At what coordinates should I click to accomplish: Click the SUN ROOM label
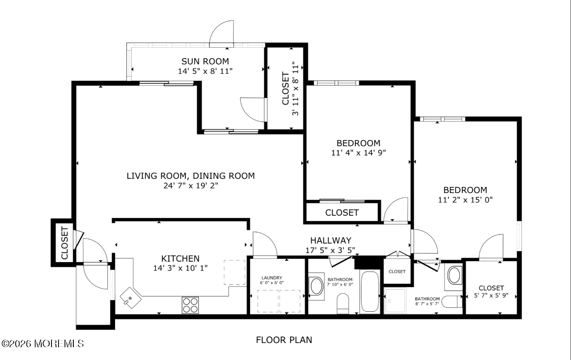click(205, 61)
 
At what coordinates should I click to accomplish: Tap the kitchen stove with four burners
click(190, 305)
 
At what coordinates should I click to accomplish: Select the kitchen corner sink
click(131, 298)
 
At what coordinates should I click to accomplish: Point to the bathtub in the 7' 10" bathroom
click(370, 292)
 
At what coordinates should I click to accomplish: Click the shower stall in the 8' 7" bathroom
click(395, 301)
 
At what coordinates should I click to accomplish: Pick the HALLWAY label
click(330, 240)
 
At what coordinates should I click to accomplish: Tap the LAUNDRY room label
click(272, 278)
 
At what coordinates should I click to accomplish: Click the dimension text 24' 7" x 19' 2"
click(191, 186)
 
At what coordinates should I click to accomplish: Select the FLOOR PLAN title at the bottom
click(284, 340)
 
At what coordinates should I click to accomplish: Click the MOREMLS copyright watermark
click(42, 344)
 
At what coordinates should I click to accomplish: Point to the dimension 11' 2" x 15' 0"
click(465, 200)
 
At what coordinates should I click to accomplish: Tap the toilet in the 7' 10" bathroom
click(343, 303)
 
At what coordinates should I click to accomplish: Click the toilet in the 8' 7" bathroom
click(452, 302)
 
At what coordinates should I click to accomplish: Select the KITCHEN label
click(180, 259)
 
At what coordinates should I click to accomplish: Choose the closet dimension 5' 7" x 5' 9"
click(491, 296)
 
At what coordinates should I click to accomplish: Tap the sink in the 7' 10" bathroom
click(316, 286)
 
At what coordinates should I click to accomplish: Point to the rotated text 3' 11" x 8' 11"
click(295, 88)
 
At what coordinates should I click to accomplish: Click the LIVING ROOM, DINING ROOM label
click(191, 176)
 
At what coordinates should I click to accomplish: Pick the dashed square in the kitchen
click(234, 272)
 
